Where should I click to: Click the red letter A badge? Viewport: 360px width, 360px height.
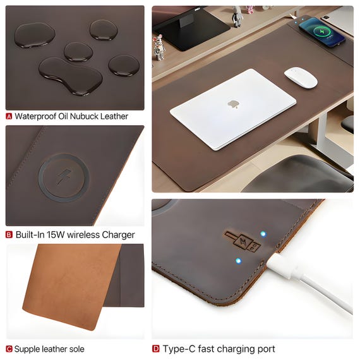pos(9,116)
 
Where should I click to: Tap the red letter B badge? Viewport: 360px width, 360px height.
pos(9,235)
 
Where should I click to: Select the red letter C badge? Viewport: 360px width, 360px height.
pos(9,349)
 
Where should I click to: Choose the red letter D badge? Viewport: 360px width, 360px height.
pos(155,349)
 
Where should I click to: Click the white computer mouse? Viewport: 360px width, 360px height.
pos(301,78)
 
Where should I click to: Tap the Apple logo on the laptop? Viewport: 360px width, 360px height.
pos(234,104)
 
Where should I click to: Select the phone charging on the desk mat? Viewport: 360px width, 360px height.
pos(322,32)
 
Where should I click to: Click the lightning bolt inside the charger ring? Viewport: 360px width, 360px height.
pos(64,176)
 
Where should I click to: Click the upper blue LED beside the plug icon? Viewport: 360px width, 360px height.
pos(263,234)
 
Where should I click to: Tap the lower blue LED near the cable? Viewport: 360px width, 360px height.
pos(239,261)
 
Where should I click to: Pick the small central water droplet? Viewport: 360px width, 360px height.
pos(78,52)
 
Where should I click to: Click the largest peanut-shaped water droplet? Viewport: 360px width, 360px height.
pos(71,76)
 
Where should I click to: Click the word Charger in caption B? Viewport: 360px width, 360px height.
pos(118,235)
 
